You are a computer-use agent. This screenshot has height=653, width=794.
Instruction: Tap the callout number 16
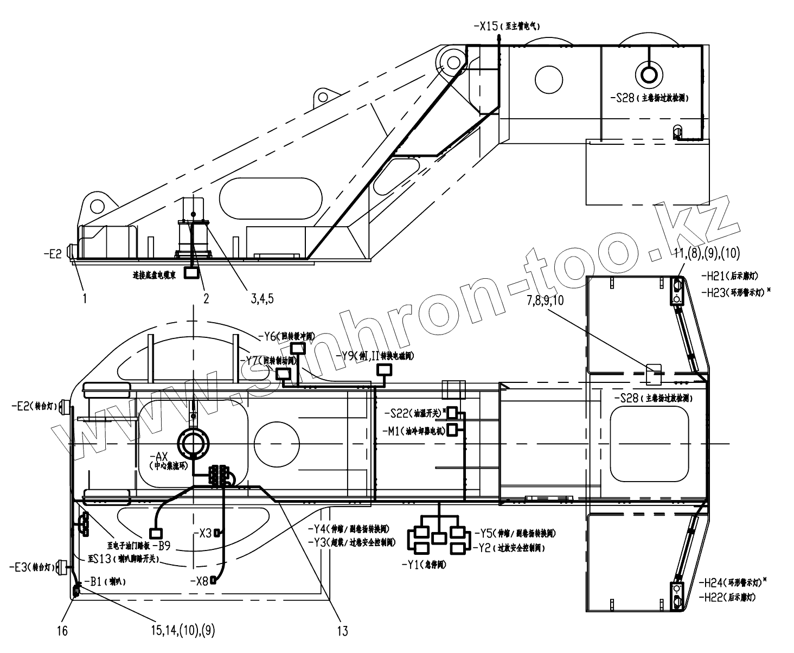(x=63, y=631)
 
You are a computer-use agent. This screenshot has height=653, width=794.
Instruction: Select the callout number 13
(x=342, y=631)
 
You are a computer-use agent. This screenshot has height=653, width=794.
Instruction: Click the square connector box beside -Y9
(x=385, y=370)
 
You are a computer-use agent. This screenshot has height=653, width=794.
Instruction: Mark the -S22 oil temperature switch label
(x=400, y=413)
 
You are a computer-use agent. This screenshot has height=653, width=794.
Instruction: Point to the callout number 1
(x=85, y=298)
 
